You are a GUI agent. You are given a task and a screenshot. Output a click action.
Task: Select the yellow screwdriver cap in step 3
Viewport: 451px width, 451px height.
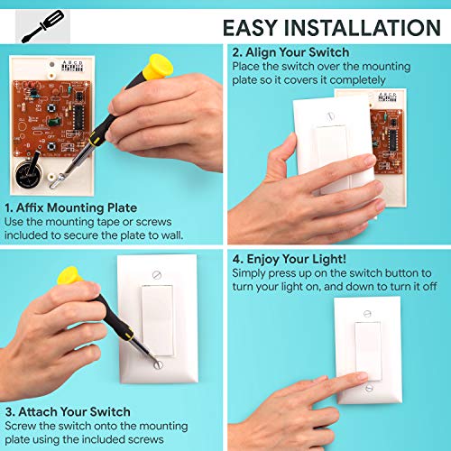pyautogui.click(x=68, y=276)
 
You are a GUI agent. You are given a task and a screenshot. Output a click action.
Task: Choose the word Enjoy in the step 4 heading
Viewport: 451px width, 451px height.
pyautogui.click(x=265, y=258)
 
